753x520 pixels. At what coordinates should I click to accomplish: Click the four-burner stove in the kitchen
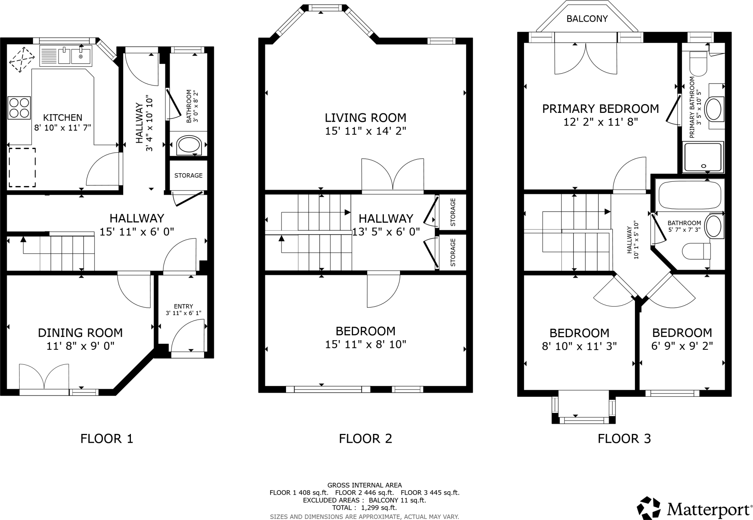coord(19,108)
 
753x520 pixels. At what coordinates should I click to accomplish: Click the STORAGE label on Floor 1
coord(188,175)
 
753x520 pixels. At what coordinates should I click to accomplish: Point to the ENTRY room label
coord(183,306)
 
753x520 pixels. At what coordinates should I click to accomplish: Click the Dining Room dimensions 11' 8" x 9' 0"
coord(81,346)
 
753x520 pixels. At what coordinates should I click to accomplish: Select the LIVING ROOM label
coord(365,118)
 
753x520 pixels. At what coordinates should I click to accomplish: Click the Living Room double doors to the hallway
coord(393,176)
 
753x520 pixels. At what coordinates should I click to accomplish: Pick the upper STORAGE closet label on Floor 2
coord(453,212)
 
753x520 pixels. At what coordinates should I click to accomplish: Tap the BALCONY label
coord(587,19)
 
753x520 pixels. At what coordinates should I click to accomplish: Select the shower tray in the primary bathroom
coord(703,157)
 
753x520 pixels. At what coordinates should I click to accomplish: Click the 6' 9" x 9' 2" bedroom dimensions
coord(682,346)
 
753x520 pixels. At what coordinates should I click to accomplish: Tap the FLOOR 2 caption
coord(365,438)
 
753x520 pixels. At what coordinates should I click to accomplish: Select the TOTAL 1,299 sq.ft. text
coord(364,508)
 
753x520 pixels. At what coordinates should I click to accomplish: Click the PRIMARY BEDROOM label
coord(600,109)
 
